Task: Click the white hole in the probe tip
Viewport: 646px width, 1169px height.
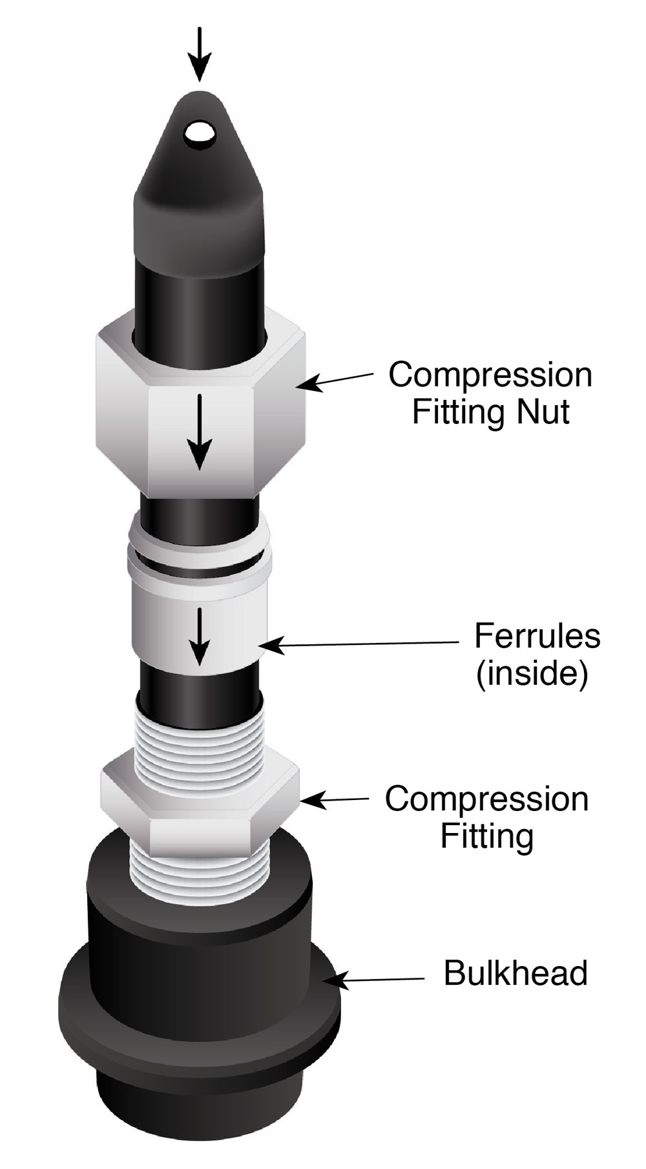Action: tap(200, 134)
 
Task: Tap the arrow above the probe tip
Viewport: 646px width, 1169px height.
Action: tap(200, 54)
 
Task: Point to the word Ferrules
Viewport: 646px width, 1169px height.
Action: tap(537, 636)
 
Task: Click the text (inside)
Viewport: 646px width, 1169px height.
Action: tap(532, 673)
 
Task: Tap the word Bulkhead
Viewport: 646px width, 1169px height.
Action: tap(516, 973)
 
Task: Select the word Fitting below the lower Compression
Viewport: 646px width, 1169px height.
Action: tap(487, 836)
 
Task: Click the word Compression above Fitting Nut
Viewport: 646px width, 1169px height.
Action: tap(490, 375)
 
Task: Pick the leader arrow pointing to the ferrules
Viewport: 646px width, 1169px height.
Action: tap(362, 644)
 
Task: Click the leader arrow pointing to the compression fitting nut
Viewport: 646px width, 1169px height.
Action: tap(336, 381)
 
